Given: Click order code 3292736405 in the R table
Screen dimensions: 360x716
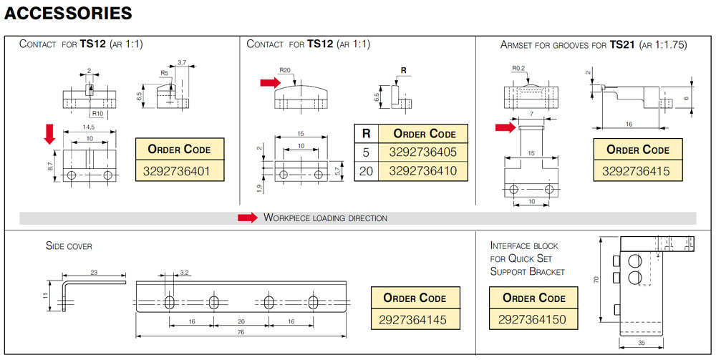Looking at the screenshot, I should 422,152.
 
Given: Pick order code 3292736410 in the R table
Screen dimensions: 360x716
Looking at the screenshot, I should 422,171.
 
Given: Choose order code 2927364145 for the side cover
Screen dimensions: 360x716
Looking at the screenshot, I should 415,319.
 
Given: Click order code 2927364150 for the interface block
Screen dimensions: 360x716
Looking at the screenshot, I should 533,319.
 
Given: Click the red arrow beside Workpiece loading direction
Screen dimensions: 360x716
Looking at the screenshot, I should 247,218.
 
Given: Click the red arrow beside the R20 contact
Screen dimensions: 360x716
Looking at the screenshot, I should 270,84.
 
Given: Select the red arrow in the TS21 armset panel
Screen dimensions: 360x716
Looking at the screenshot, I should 505,127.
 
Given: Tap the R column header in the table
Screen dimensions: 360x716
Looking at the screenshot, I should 365,134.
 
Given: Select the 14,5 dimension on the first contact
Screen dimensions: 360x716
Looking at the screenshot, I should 89,128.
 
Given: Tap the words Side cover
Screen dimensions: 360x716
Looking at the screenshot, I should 69,246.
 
